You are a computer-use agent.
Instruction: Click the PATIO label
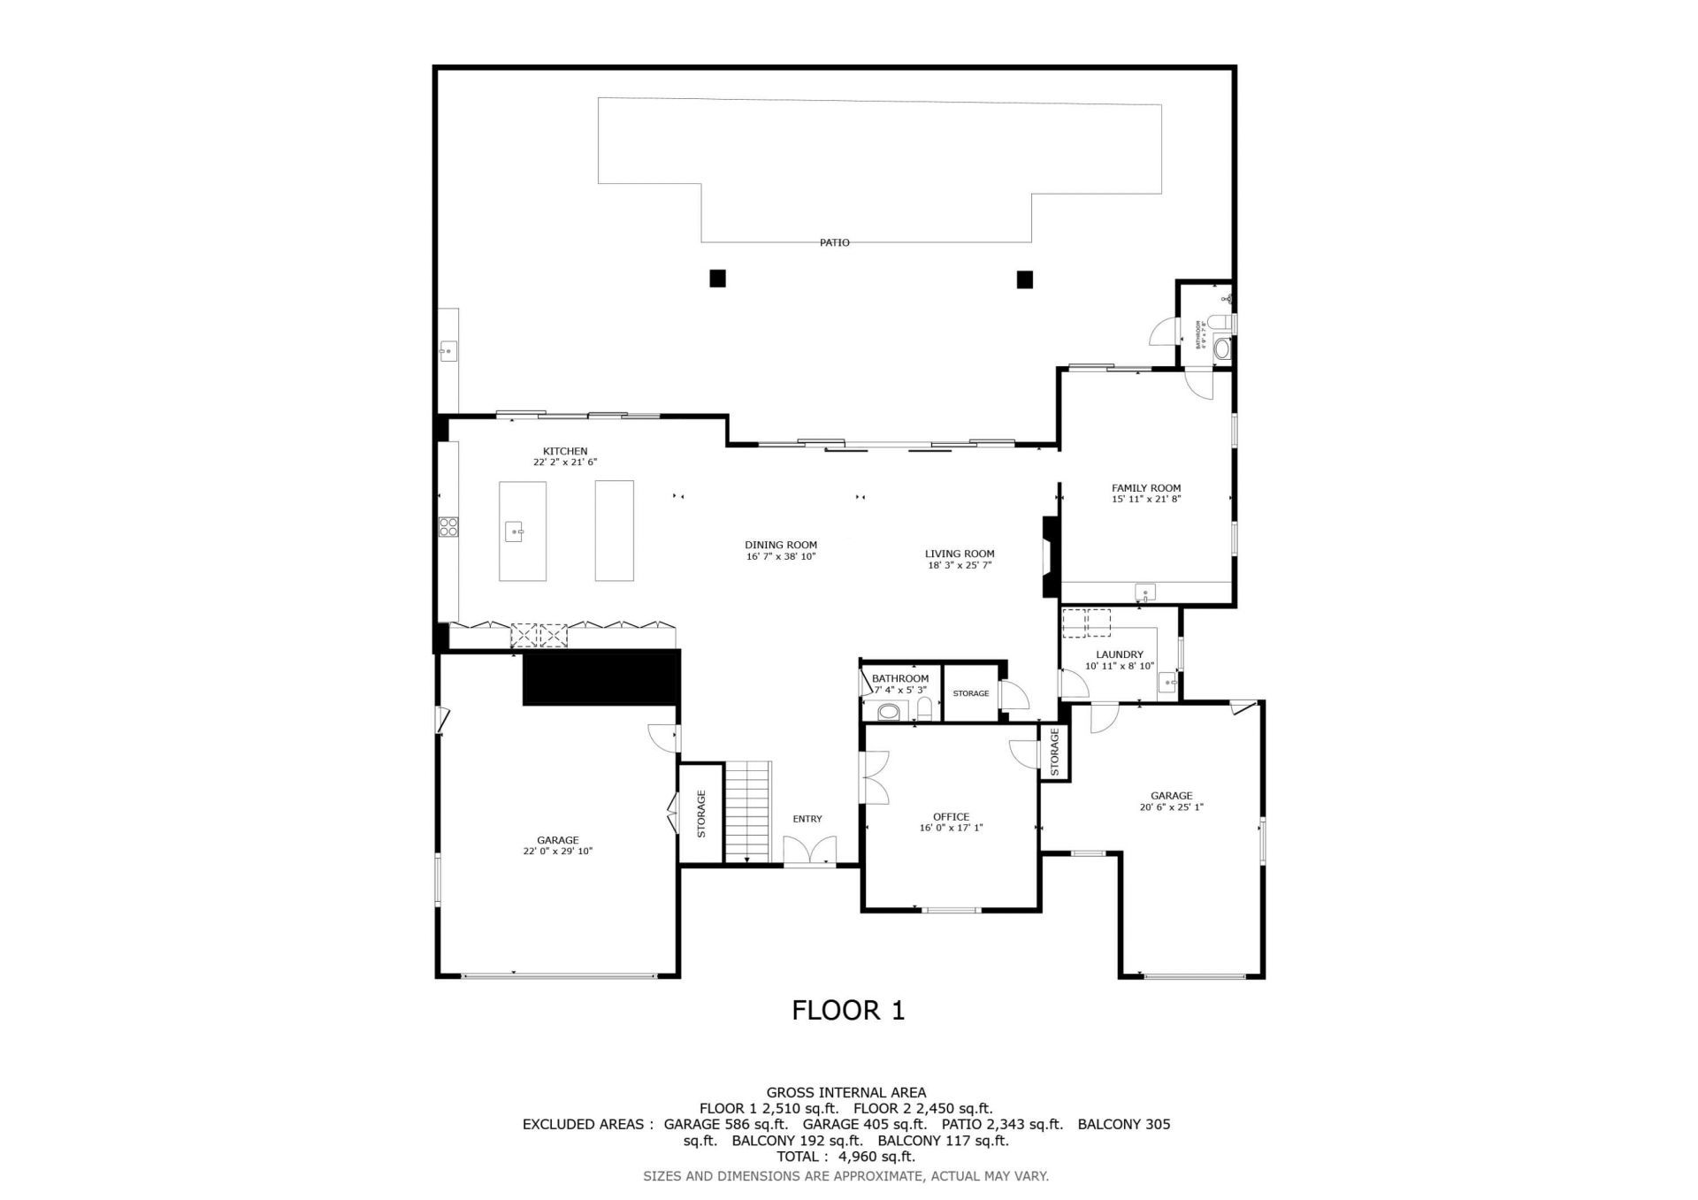point(834,242)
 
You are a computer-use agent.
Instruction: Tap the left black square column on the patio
point(717,279)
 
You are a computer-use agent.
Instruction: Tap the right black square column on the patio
point(1024,279)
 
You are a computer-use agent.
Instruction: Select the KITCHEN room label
point(565,451)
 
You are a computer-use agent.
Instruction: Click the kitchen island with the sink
point(522,531)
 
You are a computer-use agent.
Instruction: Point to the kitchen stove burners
point(448,527)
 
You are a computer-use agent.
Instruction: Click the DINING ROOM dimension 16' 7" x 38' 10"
point(780,556)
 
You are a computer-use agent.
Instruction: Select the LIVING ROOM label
point(960,554)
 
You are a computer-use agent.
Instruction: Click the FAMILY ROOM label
point(1146,487)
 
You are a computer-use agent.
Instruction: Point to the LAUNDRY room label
point(1120,654)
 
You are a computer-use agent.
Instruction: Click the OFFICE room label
point(951,816)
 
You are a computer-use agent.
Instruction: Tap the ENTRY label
point(807,819)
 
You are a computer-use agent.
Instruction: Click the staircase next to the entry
point(748,811)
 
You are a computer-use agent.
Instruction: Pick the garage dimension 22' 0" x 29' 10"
point(557,852)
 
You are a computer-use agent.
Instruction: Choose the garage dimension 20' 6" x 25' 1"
point(1171,806)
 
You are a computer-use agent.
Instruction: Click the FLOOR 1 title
point(847,1010)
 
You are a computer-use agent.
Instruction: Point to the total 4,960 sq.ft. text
point(845,1157)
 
